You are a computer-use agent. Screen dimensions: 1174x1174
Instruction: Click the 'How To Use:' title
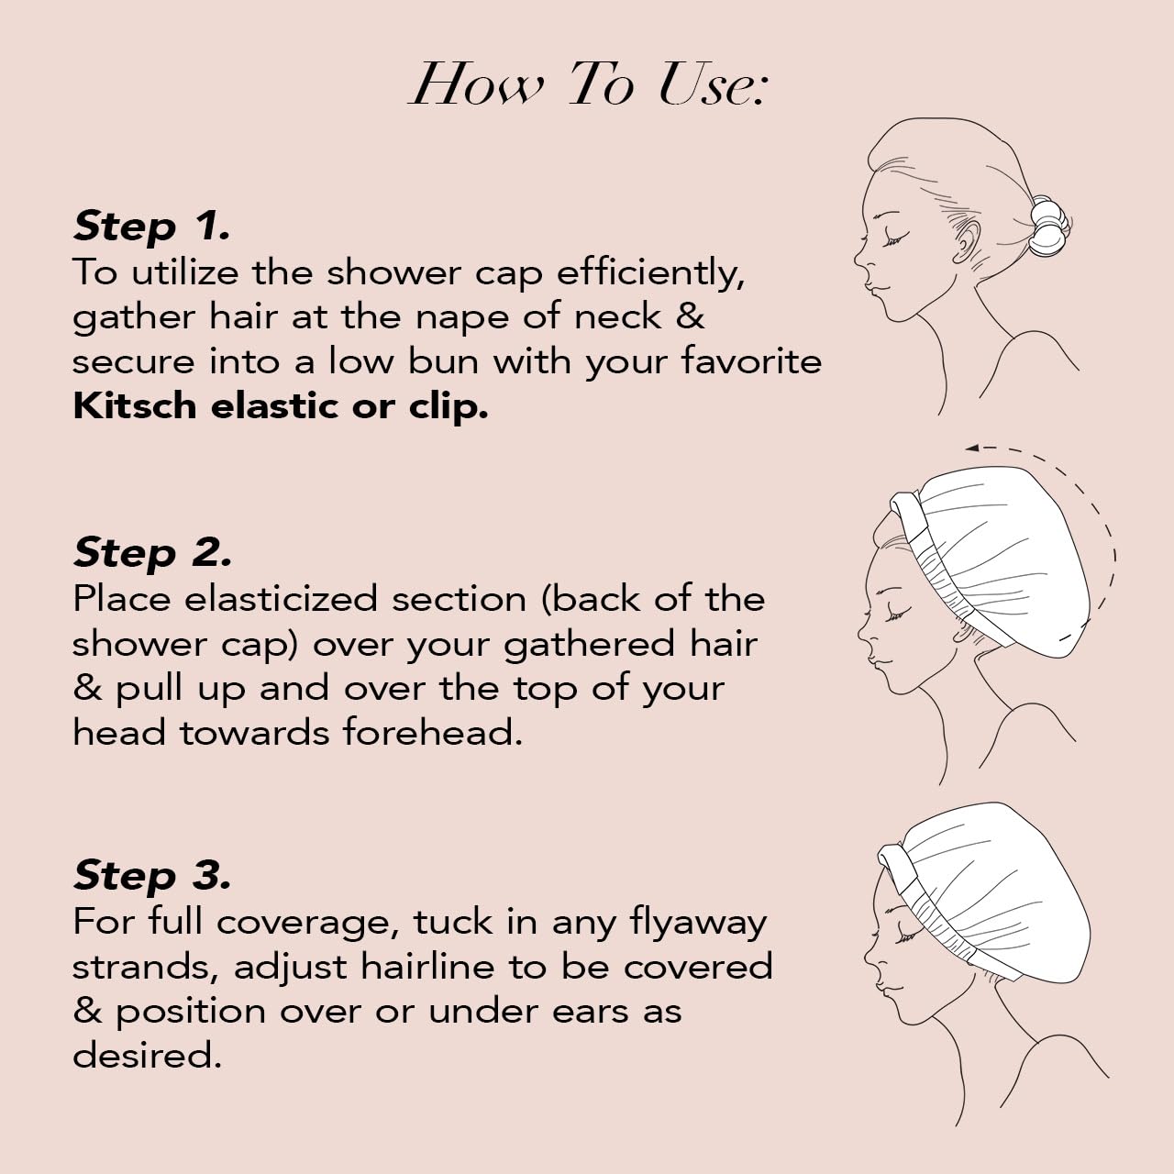coord(587,84)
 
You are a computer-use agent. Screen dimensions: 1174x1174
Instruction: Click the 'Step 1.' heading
coord(151,226)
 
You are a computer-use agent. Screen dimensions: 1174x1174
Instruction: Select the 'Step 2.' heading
coord(152,552)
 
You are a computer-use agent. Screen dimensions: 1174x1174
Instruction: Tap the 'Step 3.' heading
coord(151,875)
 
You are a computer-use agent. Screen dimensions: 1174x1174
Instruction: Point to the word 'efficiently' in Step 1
coord(649,272)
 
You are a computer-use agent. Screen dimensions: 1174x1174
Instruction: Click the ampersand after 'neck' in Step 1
coord(690,316)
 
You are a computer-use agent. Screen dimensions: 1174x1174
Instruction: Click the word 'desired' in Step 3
coord(147,1056)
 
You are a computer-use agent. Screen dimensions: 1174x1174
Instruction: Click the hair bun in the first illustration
coord(1046,225)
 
